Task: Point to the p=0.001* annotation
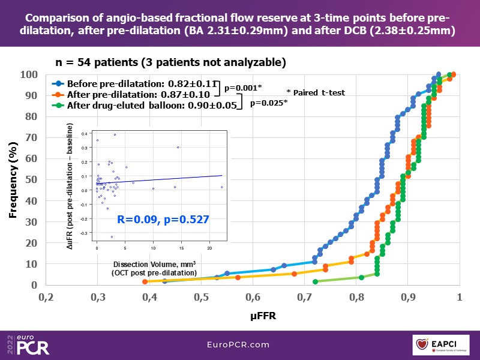tap(243, 88)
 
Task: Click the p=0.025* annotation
tap(268, 103)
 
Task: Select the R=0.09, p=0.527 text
tap(163, 220)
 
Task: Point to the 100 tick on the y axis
tap(29, 74)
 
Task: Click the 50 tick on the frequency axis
tap(31, 179)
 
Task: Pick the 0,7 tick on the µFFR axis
tap(305, 297)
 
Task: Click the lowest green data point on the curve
tap(316, 281)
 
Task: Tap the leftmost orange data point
tap(145, 281)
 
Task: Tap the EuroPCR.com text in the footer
tap(239, 344)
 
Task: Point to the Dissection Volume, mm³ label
tap(155, 264)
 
